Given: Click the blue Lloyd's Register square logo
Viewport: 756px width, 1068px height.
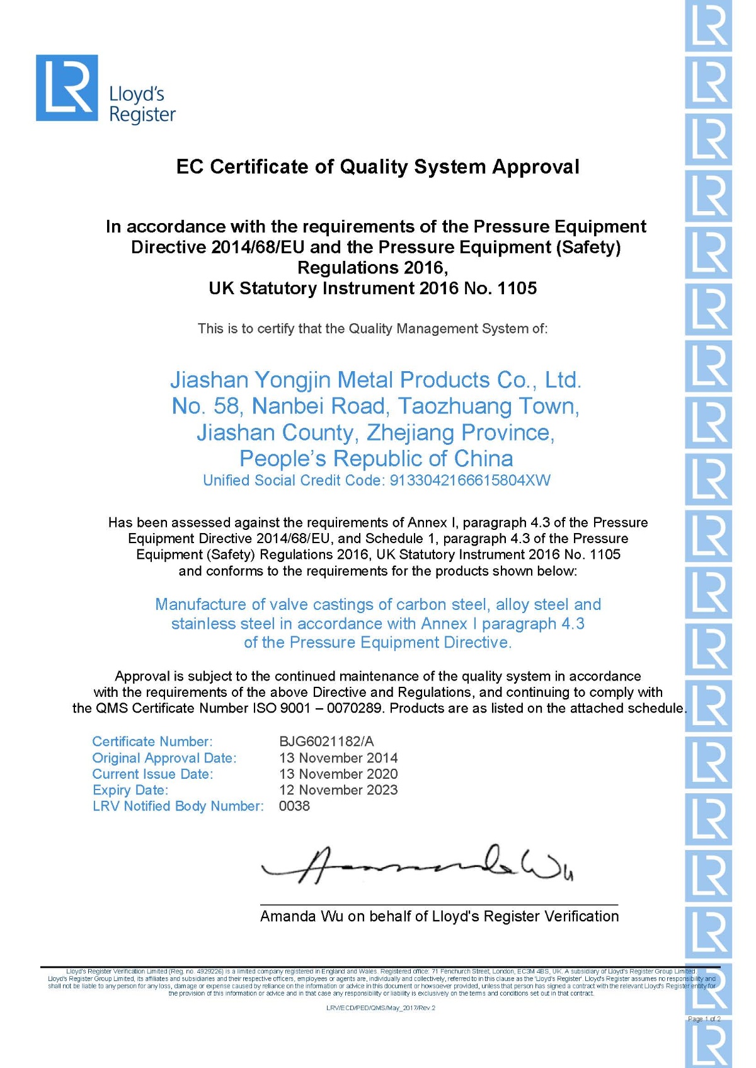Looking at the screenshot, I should click(67, 88).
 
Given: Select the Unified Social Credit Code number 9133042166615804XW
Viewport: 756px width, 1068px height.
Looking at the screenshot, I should click(470, 481).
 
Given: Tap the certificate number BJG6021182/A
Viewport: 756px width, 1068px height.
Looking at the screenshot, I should click(326, 742).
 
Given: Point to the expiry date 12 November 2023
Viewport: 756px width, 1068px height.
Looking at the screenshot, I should click(338, 790).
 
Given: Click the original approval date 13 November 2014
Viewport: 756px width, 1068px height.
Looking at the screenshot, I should click(338, 758).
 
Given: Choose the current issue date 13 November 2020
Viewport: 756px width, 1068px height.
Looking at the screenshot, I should click(338, 774).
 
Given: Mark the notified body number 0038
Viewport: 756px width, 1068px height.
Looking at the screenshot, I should click(294, 806).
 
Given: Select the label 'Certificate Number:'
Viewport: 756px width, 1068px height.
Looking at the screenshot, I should click(152, 742).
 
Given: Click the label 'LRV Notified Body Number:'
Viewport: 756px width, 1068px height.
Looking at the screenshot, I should click(178, 806).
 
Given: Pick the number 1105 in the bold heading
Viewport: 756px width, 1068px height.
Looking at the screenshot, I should click(517, 289).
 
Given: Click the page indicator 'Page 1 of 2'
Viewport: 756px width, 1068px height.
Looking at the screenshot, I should click(704, 1019).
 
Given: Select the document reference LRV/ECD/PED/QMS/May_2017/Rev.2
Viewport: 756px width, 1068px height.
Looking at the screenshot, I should click(381, 1008).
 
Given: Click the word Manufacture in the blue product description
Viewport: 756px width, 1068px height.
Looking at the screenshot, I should click(200, 605).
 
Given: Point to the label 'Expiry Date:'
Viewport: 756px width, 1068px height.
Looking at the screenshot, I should click(130, 790).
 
